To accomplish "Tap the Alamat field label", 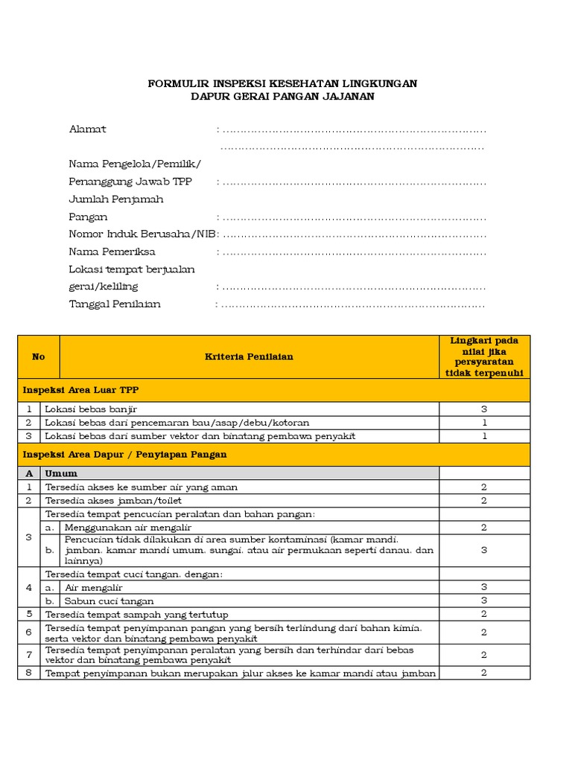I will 88,129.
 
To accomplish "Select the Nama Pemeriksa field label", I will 112,252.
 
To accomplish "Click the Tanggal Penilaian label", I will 115,304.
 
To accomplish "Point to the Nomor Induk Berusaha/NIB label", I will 142,234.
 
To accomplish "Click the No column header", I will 39,356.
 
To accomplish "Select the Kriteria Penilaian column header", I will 249,356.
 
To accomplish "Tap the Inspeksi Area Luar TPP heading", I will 80,389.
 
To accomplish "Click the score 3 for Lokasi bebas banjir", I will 484,409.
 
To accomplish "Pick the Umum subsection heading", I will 61,473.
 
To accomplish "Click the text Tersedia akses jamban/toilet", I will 113,500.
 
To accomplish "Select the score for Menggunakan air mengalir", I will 484,527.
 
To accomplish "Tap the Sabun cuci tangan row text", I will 109,601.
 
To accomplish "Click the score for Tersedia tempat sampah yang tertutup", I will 484,614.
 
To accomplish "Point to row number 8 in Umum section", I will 29,673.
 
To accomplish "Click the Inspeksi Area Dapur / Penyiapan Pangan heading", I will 124,454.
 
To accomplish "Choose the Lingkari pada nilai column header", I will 484,356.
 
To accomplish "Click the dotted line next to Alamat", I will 354,129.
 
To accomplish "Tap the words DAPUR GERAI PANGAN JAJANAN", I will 282,97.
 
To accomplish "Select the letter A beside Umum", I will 29,473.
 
